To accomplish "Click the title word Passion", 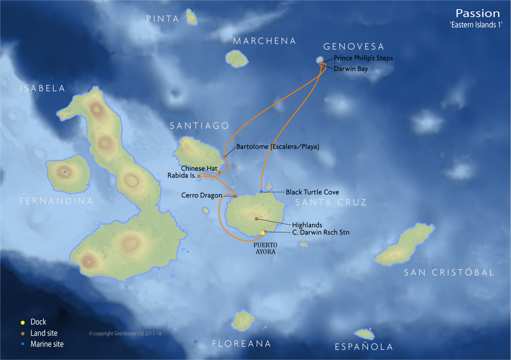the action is [477, 13].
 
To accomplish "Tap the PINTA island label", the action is [162, 19].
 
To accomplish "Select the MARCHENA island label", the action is [264, 41].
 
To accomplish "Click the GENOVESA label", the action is [353, 47].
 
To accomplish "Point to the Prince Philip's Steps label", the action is [363, 58].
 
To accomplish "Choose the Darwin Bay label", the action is [351, 69].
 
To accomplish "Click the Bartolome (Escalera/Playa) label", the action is [277, 147].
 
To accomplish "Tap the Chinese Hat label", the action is [197, 168].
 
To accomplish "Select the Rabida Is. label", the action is [182, 175].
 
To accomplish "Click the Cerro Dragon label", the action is [201, 196].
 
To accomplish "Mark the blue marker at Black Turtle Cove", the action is [261, 192].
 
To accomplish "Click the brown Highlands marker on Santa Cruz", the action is [256, 218].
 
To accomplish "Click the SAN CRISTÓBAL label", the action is [449, 273].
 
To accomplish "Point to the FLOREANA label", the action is [241, 344].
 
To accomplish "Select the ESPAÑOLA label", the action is [364, 347].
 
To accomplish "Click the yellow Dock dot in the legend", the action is [23, 322].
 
